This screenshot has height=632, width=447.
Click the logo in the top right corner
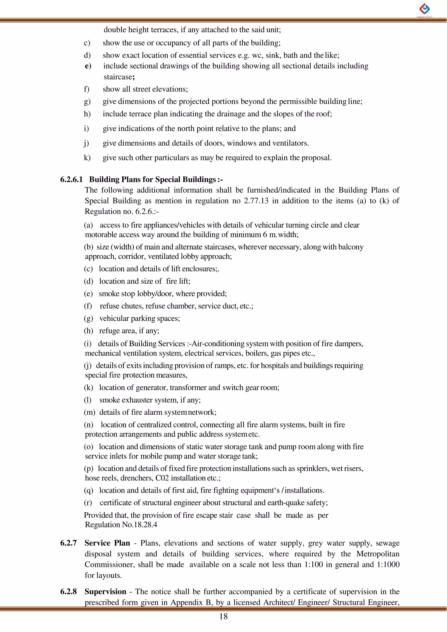[425, 10]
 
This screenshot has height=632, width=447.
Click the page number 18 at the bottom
[223, 616]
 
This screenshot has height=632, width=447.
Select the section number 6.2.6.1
[71, 180]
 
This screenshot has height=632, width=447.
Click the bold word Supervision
[105, 592]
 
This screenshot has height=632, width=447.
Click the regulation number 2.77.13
[256, 201]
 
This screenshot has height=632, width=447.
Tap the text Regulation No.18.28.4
[121, 525]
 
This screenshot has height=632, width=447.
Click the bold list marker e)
[88, 66]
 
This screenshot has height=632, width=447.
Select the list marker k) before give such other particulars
[87, 158]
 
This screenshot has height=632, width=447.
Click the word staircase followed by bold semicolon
[118, 77]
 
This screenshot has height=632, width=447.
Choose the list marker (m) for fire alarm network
[89, 412]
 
